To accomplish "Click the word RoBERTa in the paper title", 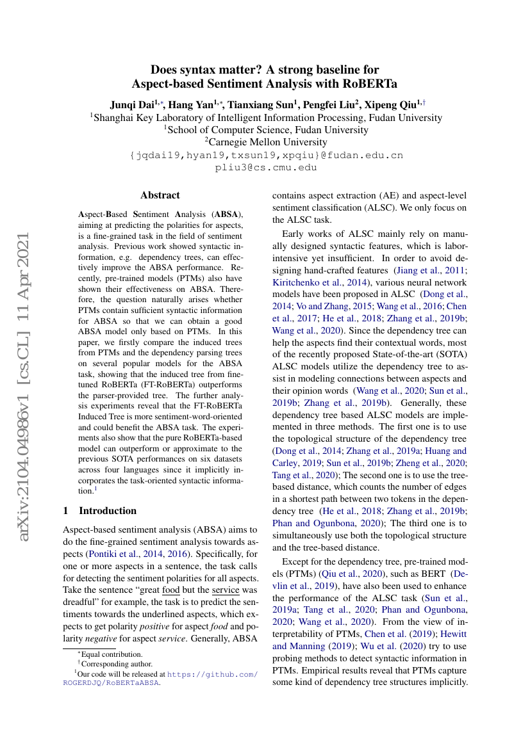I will click(x=370, y=83).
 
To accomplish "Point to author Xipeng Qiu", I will click(x=390, y=104).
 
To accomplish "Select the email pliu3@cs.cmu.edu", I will click(x=265, y=168).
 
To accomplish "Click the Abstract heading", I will click(x=160, y=195).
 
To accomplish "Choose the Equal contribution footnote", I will click(x=110, y=654).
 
